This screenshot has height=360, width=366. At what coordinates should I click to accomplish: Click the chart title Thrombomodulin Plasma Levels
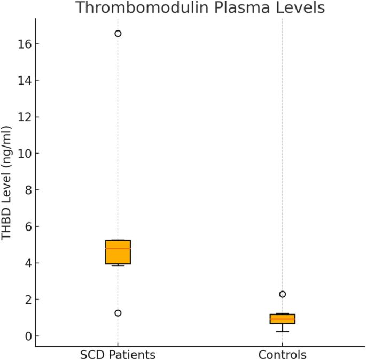click(x=199, y=8)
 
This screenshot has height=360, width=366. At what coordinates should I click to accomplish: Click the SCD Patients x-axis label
click(x=118, y=355)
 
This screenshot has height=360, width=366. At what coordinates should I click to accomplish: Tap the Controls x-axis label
click(x=283, y=355)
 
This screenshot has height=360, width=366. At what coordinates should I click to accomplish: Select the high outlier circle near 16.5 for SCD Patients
click(x=118, y=34)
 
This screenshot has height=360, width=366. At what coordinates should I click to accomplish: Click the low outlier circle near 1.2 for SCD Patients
click(x=118, y=313)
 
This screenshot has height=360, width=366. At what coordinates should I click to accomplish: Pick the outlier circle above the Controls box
click(x=283, y=294)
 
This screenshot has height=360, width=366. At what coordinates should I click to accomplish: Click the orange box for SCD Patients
click(x=118, y=252)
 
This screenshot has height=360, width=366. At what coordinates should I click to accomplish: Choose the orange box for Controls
click(x=283, y=319)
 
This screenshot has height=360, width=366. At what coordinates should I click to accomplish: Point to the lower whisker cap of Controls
click(x=283, y=332)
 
